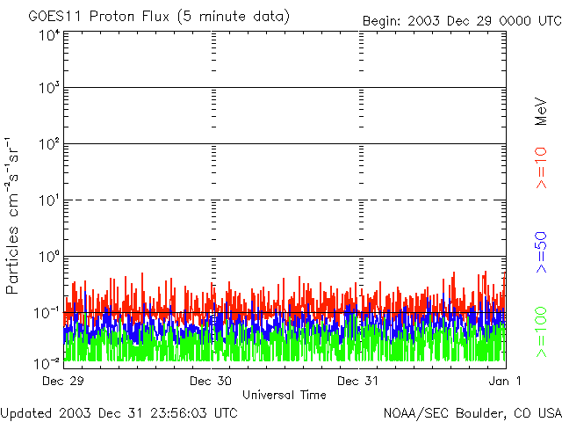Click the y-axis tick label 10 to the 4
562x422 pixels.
click(48, 35)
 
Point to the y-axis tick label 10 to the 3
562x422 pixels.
click(48, 88)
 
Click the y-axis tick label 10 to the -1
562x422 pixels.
click(48, 312)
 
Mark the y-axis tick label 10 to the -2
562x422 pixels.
click(48, 361)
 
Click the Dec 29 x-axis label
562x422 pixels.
click(64, 382)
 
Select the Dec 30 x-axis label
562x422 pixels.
click(211, 382)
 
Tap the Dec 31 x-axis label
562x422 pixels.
click(359, 382)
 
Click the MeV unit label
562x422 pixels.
click(542, 112)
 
